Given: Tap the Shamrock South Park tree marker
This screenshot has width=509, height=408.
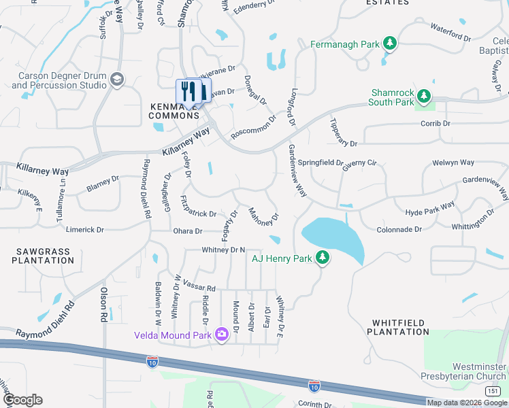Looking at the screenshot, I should tap(425, 97).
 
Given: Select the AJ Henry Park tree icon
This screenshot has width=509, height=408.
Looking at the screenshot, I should tap(323, 258).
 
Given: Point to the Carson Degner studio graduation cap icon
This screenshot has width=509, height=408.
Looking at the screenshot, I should tap(117, 80).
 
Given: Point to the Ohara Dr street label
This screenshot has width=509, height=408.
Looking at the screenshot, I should tap(188, 231).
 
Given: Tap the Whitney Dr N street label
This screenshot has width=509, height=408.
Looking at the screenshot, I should tap(223, 251).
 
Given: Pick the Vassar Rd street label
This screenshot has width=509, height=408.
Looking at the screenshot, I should tap(199, 288).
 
